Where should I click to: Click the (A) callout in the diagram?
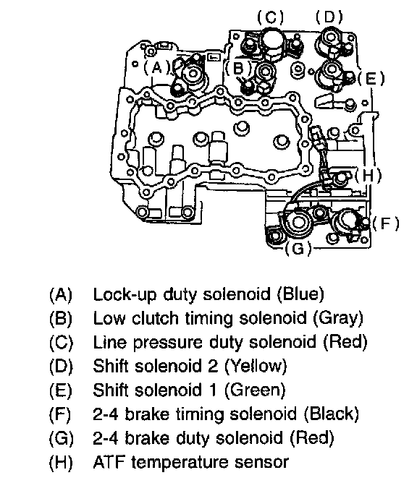157,67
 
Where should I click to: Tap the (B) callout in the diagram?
239,68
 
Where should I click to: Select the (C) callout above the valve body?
271,17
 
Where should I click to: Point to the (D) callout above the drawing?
329,17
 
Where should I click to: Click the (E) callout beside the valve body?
371,78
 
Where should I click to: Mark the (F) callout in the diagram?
386,223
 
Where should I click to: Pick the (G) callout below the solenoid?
298,248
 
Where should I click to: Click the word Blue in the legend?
300,294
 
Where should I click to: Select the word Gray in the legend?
338,318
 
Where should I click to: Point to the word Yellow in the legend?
256,367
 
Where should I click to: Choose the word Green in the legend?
254,390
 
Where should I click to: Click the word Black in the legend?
332,414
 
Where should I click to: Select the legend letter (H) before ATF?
61,462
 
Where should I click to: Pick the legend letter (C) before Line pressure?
61,342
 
